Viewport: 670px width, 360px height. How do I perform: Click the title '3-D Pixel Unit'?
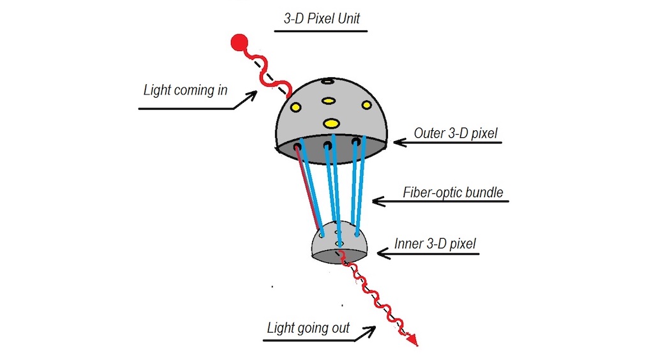[322, 18]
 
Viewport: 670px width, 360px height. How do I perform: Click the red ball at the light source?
[239, 43]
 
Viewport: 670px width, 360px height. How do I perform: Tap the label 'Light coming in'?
[185, 90]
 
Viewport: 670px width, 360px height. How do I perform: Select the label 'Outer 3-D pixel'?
[455, 133]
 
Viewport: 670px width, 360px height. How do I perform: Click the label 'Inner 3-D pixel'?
[435, 243]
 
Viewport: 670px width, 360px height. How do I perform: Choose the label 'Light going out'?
[309, 328]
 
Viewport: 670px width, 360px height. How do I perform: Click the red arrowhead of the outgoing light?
[413, 340]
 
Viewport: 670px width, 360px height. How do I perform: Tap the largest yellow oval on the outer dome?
[331, 123]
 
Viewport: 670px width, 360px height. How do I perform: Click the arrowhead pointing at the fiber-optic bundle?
[376, 201]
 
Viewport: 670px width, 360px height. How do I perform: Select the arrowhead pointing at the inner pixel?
[382, 253]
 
